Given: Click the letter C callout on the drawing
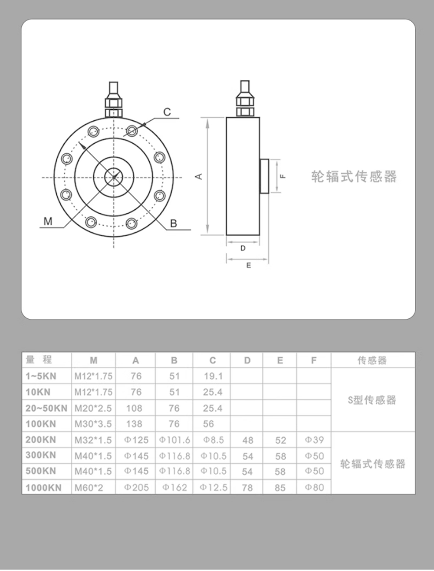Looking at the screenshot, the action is click(x=167, y=112).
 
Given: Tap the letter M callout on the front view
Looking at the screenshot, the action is click(x=48, y=221).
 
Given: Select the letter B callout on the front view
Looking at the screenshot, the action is click(x=173, y=224).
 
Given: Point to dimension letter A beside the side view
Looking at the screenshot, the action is click(x=199, y=176).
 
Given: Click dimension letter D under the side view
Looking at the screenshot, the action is click(x=243, y=248).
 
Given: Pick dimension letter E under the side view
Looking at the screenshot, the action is click(x=249, y=265).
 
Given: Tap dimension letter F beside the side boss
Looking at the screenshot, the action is click(x=283, y=176).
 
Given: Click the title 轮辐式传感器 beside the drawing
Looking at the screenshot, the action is click(x=354, y=177).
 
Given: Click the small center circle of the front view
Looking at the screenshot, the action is click(x=114, y=177).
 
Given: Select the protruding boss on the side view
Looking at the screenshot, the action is click(x=264, y=176).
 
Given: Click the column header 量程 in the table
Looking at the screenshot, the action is click(x=39, y=360).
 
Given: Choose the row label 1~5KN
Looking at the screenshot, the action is click(x=41, y=376).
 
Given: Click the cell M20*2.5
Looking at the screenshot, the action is click(x=93, y=408).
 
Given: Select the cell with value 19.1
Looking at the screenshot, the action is click(x=213, y=376).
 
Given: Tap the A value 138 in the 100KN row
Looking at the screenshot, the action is click(x=134, y=424).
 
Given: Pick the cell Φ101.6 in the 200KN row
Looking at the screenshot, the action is click(x=174, y=440).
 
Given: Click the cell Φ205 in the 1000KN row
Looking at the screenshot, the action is click(x=136, y=488).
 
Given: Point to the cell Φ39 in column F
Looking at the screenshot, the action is click(x=314, y=440).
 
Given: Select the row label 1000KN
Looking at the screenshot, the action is click(x=43, y=488).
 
